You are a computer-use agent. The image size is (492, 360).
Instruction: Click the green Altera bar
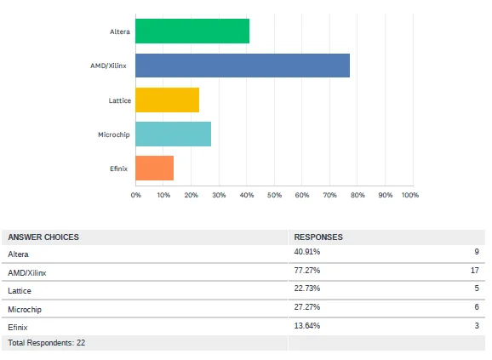pyautogui.click(x=192, y=31)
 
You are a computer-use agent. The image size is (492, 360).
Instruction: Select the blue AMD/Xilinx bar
pyautogui.click(x=243, y=66)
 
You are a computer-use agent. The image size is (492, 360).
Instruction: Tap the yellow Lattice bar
pyautogui.click(x=167, y=100)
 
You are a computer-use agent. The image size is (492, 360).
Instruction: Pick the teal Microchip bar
pyautogui.click(x=173, y=134)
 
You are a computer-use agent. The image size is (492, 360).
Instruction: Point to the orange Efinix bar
pyautogui.click(x=154, y=169)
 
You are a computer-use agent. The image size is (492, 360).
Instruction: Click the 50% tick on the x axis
pyautogui.click(x=274, y=195)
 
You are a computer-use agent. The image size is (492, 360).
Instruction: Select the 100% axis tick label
pyautogui.click(x=409, y=195)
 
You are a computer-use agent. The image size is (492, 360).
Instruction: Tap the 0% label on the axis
pyautogui.click(x=136, y=195)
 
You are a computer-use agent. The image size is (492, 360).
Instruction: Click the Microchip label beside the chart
pyautogui.click(x=114, y=134)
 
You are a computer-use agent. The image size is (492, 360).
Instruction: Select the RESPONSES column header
pyautogui.click(x=318, y=237)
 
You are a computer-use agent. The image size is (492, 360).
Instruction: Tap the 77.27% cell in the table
pyautogui.click(x=306, y=271)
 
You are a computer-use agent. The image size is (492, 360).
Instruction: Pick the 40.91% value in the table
pyautogui.click(x=306, y=253)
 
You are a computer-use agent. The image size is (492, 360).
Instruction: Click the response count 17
pyautogui.click(x=474, y=271)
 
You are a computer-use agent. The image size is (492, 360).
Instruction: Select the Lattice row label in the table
pyautogui.click(x=20, y=290)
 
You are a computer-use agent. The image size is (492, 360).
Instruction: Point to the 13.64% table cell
pyautogui.click(x=306, y=325)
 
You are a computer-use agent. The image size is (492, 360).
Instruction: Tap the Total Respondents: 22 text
pyautogui.click(x=46, y=343)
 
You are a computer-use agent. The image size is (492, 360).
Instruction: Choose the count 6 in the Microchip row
pyautogui.click(x=477, y=307)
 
